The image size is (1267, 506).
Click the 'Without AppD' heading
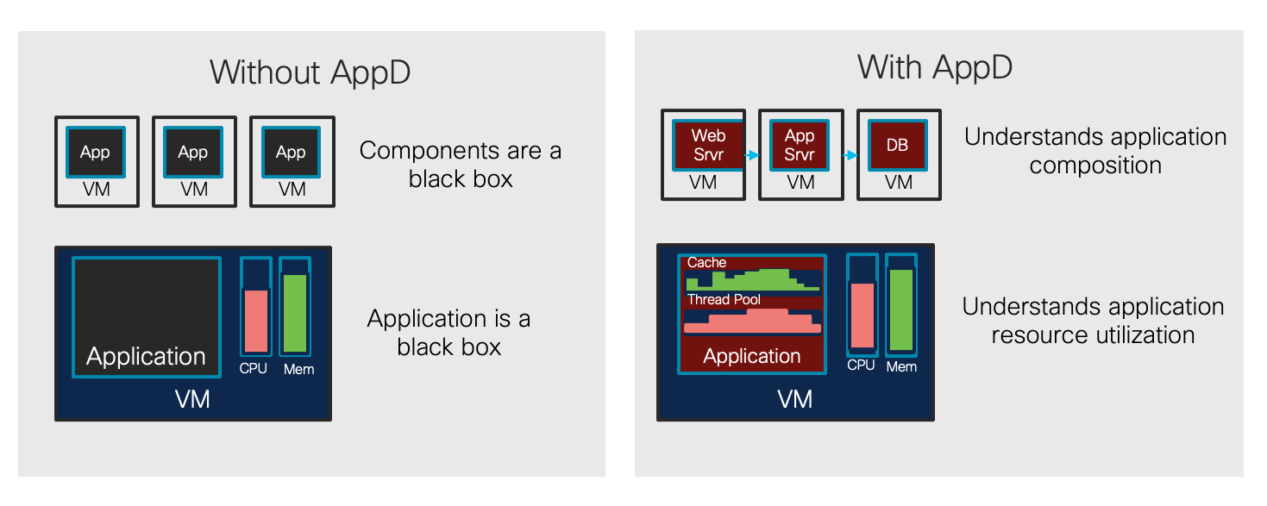point(310,72)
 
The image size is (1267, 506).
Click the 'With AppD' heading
point(935,66)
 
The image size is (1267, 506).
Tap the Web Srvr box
point(708,145)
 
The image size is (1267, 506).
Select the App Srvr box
point(799,145)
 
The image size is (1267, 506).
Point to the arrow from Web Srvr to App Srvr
point(751,156)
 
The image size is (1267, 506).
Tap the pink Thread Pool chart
point(751,322)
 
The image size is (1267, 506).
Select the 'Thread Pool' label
point(724,300)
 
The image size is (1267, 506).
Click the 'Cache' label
point(706,262)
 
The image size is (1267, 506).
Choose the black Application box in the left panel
point(146,316)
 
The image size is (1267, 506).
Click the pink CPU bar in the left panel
point(255,321)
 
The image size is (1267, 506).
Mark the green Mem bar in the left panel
point(295,313)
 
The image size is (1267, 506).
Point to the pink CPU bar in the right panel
point(862,315)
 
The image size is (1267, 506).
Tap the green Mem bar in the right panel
point(901,309)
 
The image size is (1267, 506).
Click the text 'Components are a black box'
point(461,165)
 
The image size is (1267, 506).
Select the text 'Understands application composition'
point(1095,151)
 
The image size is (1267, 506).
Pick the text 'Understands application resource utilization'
point(1093,321)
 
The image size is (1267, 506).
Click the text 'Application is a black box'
point(448,333)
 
